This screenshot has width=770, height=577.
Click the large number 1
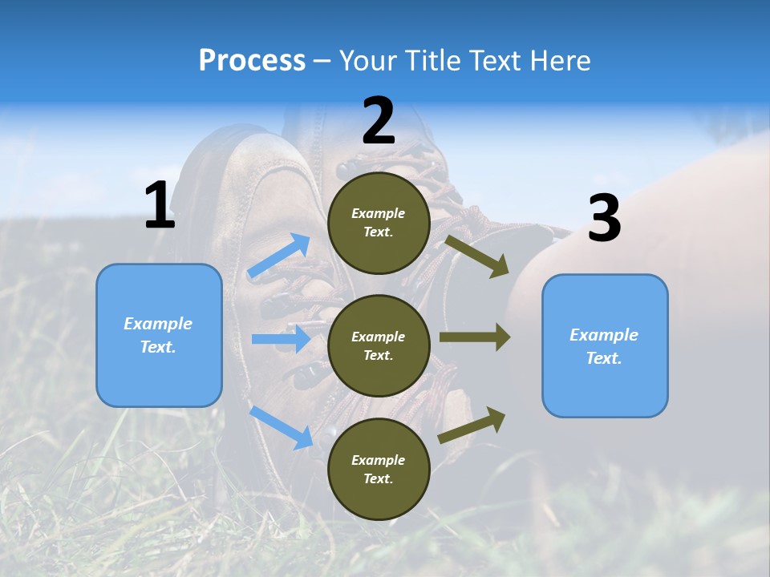tap(160, 206)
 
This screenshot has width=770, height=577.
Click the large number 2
tap(379, 121)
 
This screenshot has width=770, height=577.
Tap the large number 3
tap(604, 219)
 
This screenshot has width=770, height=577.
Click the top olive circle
tap(379, 223)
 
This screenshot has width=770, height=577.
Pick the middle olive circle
tap(379, 345)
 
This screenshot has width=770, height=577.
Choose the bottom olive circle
tap(379, 469)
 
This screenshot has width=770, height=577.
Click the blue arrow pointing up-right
tap(280, 256)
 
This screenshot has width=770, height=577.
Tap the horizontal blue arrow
tap(282, 339)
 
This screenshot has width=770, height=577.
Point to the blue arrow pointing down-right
tap(282, 427)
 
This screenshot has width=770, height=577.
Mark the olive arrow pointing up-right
tap(472, 426)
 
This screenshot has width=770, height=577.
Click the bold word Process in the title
tap(252, 60)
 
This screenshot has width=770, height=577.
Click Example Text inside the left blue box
tap(158, 335)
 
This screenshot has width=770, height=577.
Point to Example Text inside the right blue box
tap(604, 346)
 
